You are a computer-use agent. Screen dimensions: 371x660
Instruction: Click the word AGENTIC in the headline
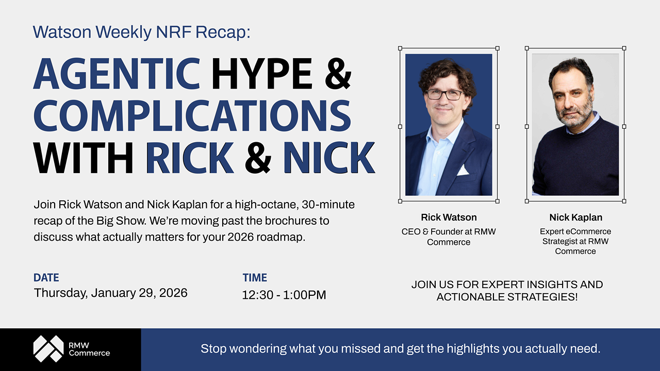117,73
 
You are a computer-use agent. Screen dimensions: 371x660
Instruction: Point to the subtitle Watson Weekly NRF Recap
141,32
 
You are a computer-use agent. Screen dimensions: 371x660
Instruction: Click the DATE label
46,278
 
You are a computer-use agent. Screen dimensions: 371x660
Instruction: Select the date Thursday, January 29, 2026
110,293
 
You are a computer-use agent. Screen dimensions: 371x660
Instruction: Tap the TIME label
255,278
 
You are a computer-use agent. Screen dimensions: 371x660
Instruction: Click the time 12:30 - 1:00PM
284,295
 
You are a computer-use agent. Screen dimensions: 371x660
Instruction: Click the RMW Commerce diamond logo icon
48,348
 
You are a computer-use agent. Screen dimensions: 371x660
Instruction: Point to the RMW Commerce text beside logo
89,349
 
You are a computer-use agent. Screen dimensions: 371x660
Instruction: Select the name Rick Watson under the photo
449,217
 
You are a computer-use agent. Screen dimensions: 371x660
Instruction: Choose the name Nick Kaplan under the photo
575,217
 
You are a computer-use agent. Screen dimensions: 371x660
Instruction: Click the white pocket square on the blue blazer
463,171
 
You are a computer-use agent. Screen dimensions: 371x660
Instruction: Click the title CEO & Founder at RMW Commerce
449,237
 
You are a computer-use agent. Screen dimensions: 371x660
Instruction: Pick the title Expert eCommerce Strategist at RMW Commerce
575,241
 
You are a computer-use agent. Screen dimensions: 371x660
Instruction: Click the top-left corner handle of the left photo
400,48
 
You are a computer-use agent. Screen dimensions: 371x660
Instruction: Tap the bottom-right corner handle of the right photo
624,201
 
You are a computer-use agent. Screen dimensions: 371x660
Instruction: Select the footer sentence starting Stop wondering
400,349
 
